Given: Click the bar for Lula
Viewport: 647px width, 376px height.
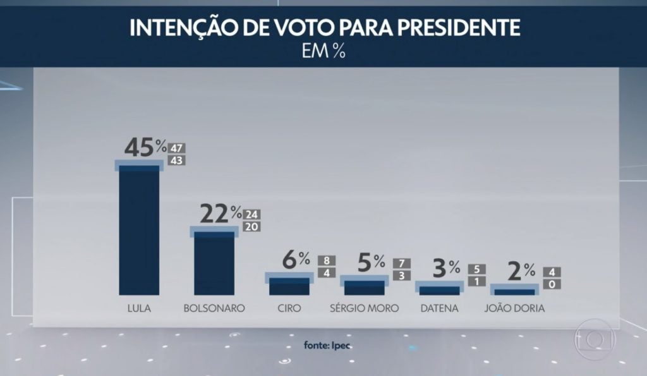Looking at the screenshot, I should click(139, 230).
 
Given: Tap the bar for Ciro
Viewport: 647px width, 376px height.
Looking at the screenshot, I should click(289, 286).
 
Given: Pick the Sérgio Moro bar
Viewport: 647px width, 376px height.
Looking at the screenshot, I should click(364, 288).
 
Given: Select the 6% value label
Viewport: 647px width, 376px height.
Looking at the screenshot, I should click(295, 259).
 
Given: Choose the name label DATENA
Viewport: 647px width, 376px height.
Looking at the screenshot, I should click(439, 308).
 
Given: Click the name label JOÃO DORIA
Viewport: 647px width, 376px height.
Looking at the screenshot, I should click(514, 308).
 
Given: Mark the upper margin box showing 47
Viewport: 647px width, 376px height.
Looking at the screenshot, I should click(177, 149).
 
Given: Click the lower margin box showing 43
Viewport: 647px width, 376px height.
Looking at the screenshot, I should click(177, 161).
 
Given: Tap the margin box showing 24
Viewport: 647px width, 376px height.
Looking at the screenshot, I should click(251, 214).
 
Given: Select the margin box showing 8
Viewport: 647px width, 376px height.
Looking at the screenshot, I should click(327, 260).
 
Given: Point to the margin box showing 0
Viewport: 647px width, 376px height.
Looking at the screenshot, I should click(552, 285).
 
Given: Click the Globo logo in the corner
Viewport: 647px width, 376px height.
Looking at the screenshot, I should click(593, 340).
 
